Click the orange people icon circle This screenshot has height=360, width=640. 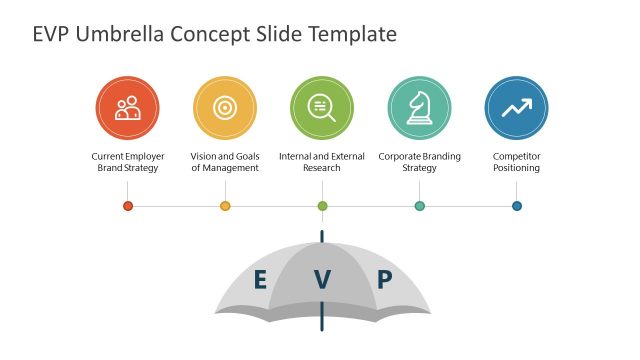[x=128, y=108]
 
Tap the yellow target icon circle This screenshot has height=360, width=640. [x=225, y=108]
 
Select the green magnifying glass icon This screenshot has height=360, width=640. [x=322, y=108]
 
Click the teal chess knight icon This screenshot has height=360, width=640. [x=419, y=108]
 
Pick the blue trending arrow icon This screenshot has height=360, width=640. [x=516, y=108]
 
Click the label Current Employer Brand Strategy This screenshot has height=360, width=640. [x=128, y=162]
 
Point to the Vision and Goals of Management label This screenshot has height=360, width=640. [x=225, y=162]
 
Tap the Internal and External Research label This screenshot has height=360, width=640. [x=322, y=162]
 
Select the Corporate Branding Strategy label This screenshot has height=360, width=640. [x=419, y=162]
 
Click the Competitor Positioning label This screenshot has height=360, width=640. [x=516, y=162]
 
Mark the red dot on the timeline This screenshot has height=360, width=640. [x=128, y=206]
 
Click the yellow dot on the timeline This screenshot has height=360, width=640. [x=225, y=206]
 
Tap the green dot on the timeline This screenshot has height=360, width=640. [x=322, y=206]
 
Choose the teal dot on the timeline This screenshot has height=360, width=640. [x=419, y=206]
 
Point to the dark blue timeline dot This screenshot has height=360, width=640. [x=516, y=206]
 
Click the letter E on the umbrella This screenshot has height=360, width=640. [x=260, y=280]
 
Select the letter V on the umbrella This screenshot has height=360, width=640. [x=322, y=280]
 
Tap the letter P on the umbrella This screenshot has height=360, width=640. [x=384, y=280]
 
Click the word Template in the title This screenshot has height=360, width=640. [x=354, y=35]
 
